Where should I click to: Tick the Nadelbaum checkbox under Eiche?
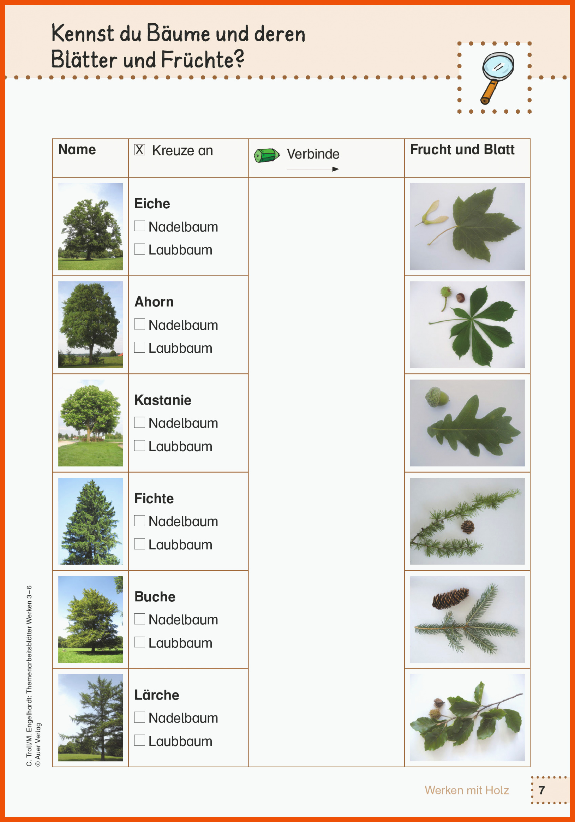pos(139,226)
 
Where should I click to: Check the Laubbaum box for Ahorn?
pos(139,347)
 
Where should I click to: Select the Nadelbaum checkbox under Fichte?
pos(139,520)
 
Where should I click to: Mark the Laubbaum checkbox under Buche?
pos(139,642)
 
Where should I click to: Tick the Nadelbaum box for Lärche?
pos(139,717)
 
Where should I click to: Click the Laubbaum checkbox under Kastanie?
pos(139,446)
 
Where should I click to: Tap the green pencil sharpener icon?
pos(266,155)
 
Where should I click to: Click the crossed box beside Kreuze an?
pos(139,150)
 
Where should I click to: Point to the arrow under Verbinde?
pos(313,169)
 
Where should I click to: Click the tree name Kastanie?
pos(163,400)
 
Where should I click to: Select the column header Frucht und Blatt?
pos(462,150)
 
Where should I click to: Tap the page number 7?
pos(542,790)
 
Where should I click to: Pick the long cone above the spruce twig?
pos(451,598)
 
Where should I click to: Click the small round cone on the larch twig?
pos(468,527)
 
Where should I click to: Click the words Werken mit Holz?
pos(467,790)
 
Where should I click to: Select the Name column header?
pos(77,150)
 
